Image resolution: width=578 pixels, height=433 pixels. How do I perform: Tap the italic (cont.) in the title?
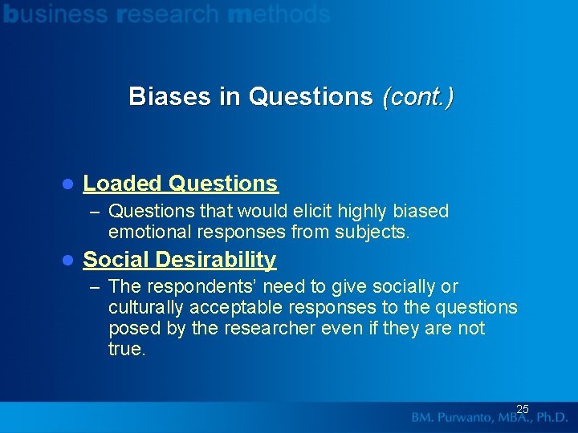(417, 97)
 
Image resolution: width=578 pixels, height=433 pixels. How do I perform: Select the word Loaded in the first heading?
(123, 184)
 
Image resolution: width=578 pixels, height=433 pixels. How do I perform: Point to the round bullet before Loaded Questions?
(68, 184)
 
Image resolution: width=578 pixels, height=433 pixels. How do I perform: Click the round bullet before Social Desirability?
(68, 261)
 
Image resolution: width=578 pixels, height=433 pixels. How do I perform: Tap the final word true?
(126, 350)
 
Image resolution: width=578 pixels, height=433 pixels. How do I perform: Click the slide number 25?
(523, 409)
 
